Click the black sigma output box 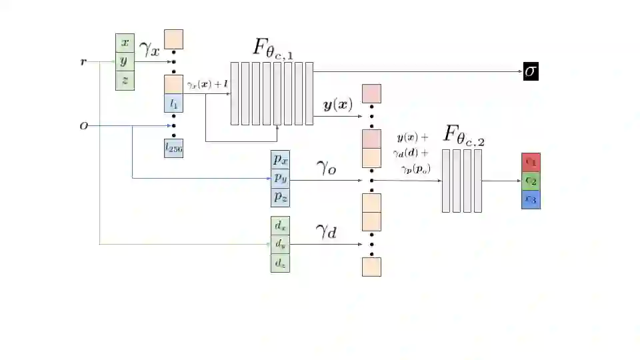click(x=531, y=71)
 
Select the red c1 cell click(x=531, y=162)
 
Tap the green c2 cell click(x=531, y=181)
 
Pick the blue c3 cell click(x=531, y=199)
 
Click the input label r click(x=83, y=62)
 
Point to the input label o click(x=83, y=125)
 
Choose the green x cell click(x=125, y=43)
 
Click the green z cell click(x=125, y=81)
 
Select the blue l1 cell click(x=174, y=103)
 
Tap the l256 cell click(x=174, y=149)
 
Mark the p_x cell click(x=280, y=161)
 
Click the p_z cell click(x=280, y=197)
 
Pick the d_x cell click(x=280, y=227)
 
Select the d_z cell click(x=280, y=263)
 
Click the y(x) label click(x=338, y=105)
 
